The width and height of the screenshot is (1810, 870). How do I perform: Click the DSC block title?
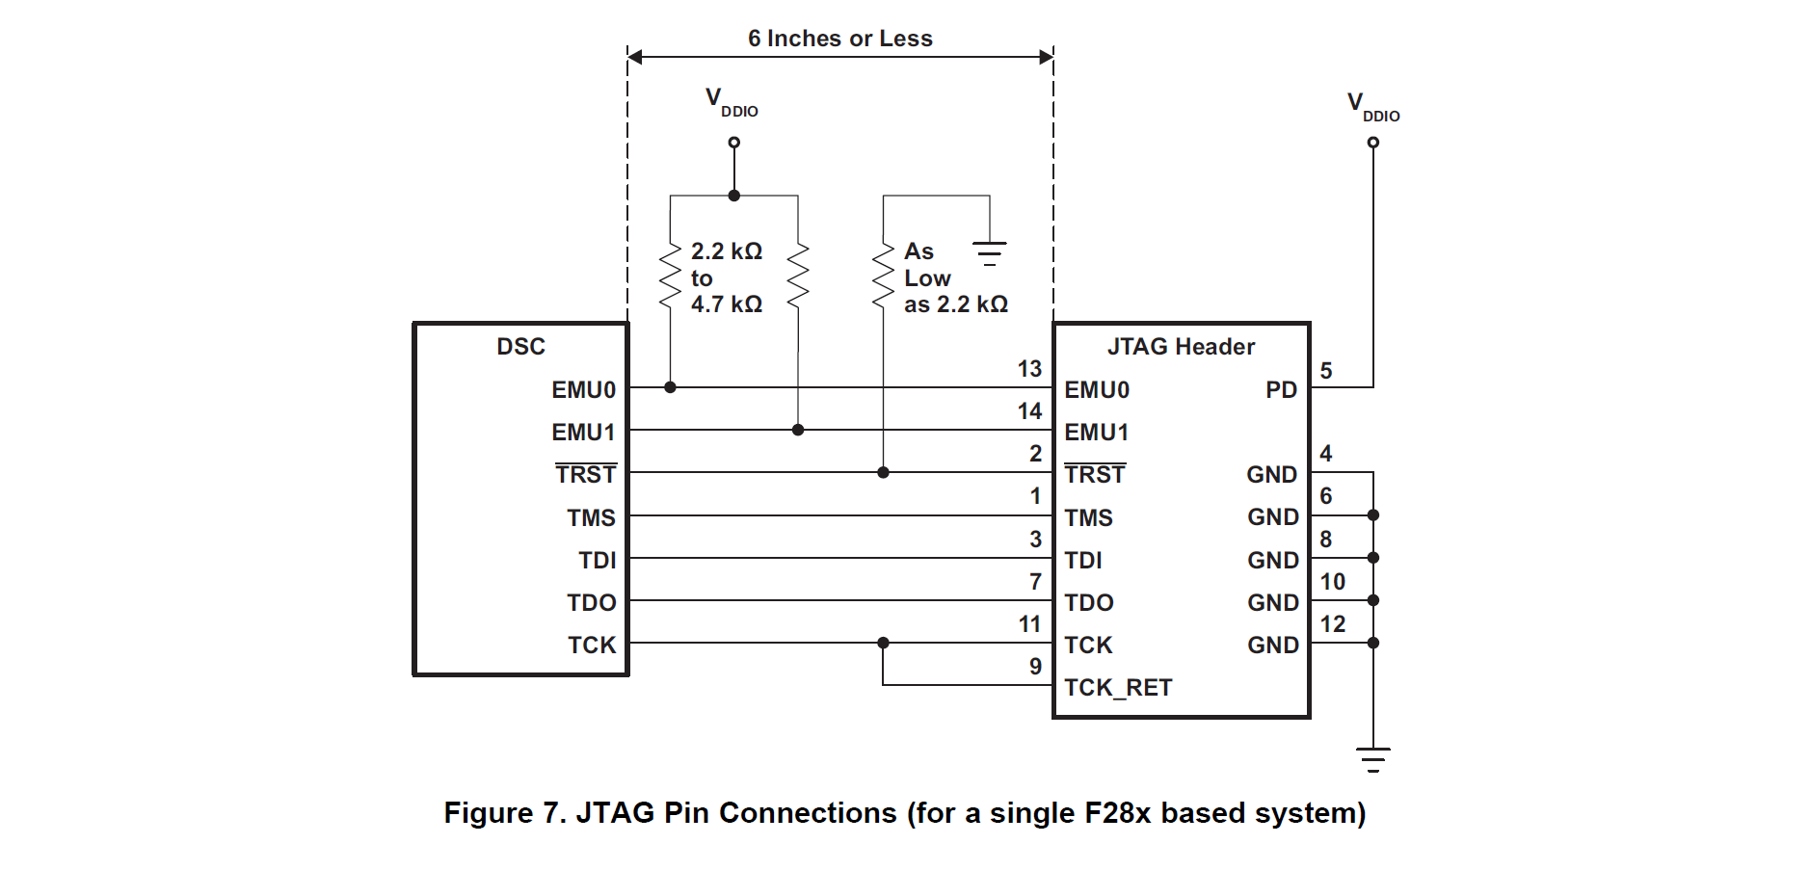[520, 347]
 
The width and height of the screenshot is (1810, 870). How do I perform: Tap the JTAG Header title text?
[1181, 347]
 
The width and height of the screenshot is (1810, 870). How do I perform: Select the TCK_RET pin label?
[1118, 688]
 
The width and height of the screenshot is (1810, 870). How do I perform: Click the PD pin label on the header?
[1281, 390]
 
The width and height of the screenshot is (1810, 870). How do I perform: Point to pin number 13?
[1029, 369]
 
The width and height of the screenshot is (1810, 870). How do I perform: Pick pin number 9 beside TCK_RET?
[1035, 667]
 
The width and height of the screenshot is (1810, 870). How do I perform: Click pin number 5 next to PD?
[1326, 371]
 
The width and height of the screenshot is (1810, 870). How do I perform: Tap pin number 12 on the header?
[1333, 624]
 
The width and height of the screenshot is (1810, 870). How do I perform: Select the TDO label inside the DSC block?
[591, 603]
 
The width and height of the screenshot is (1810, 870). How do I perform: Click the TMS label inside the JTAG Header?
[1088, 518]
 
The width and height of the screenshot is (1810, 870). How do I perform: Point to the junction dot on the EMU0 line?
[670, 387]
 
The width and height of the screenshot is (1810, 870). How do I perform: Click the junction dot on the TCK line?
[883, 643]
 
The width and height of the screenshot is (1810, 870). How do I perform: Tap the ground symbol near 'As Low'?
[989, 253]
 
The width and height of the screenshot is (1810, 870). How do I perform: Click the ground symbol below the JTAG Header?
[1373, 759]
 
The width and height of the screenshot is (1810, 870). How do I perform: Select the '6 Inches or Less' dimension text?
[839, 39]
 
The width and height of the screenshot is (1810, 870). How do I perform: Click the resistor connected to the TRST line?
[883, 277]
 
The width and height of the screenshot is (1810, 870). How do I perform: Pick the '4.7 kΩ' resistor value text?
[726, 304]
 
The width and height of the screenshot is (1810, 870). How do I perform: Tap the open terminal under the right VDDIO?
[1373, 143]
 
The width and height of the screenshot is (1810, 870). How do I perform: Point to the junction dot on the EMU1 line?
[798, 430]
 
